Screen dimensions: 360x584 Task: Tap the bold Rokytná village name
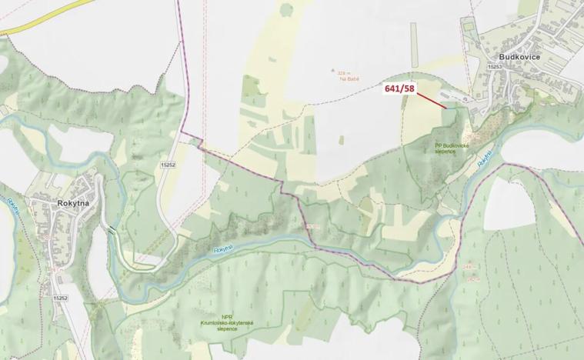[x=54, y=203]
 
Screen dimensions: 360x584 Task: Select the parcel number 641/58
[x=399, y=89]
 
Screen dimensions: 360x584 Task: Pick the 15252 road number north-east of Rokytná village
[x=169, y=165]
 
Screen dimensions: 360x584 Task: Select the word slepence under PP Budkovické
[x=445, y=152]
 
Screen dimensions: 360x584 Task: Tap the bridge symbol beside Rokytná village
[x=113, y=230]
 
